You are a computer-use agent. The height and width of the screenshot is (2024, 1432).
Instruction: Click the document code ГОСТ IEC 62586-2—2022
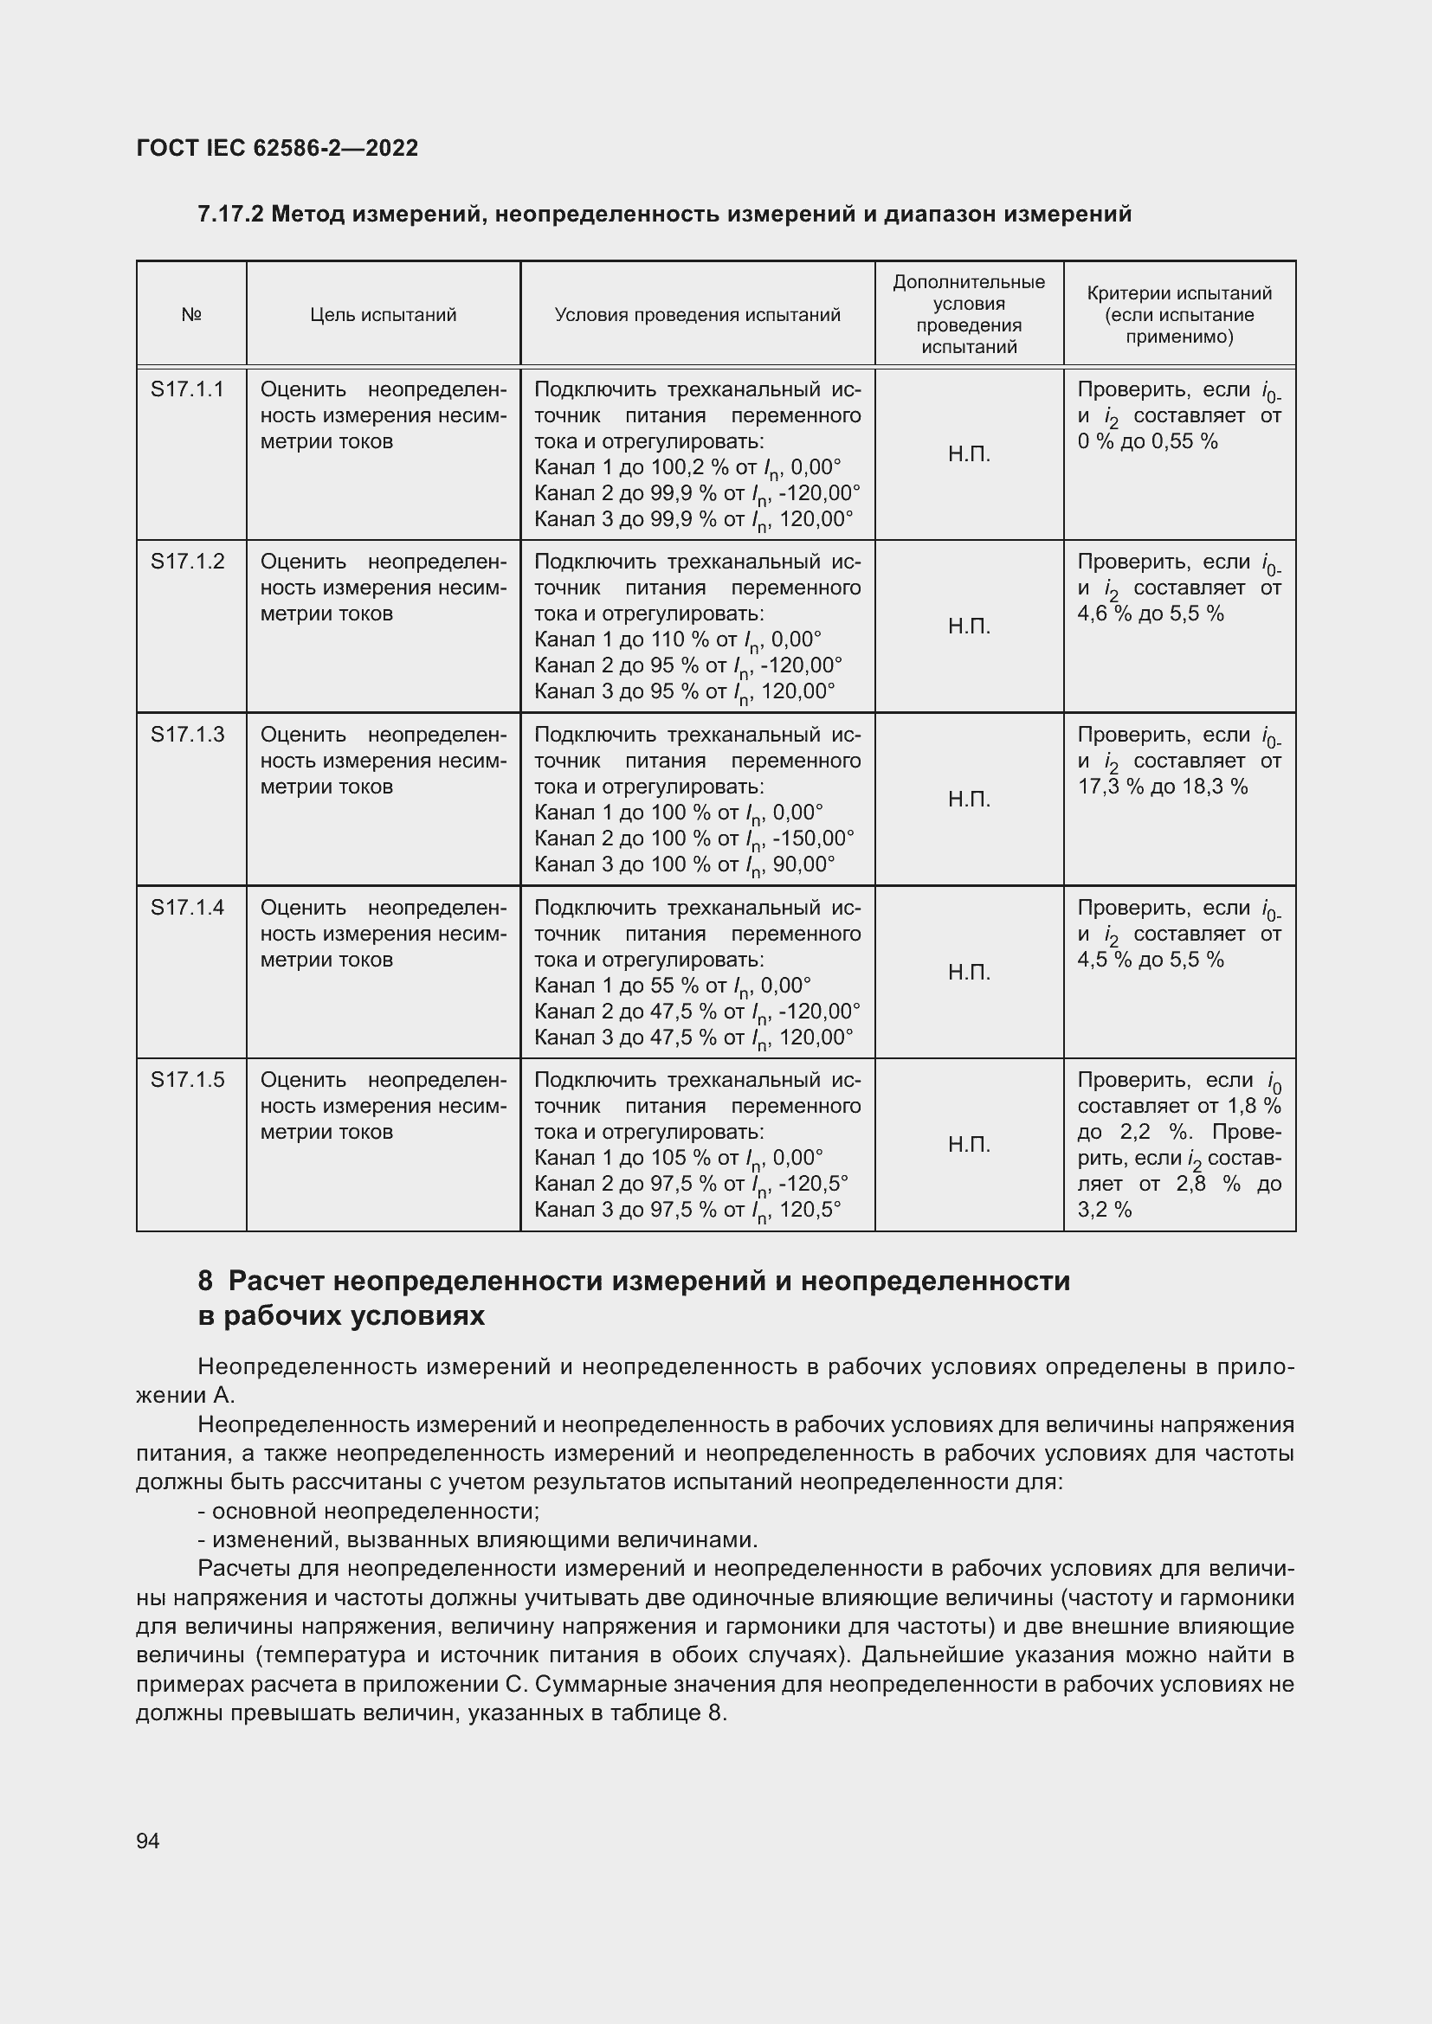[277, 148]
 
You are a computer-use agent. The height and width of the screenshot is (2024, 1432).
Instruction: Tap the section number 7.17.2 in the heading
[230, 215]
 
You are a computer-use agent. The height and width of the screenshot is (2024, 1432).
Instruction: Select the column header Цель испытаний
[383, 315]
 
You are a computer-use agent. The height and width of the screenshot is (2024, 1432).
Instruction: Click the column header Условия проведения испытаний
[697, 315]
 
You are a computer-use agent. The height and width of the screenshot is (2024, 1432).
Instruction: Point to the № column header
[191, 315]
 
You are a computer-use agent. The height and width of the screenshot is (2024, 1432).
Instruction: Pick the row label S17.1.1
[188, 389]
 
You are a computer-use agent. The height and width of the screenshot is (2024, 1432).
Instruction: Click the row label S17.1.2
[188, 562]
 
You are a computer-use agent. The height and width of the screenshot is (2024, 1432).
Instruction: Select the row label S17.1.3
[188, 735]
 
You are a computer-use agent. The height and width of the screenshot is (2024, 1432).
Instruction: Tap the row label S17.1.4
[188, 907]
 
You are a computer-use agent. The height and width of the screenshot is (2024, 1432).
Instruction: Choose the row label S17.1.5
[188, 1080]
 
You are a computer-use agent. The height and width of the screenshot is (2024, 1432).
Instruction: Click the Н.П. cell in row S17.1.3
[969, 800]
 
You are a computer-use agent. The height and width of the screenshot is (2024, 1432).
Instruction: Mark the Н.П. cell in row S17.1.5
[969, 1145]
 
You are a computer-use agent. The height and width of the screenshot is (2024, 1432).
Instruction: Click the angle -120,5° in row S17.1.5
[813, 1184]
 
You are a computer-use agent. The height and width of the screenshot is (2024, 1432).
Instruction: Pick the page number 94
[148, 1841]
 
